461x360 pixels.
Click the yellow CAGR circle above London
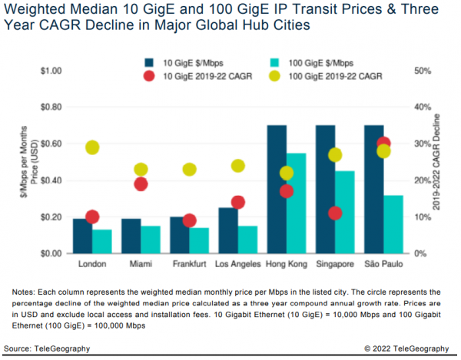pyautogui.click(x=93, y=147)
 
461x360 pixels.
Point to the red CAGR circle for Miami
pyautogui.click(x=141, y=183)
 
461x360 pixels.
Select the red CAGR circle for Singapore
pyautogui.click(x=334, y=213)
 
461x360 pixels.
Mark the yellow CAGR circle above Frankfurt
pyautogui.click(x=190, y=169)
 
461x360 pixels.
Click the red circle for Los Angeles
pyautogui.click(x=237, y=202)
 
